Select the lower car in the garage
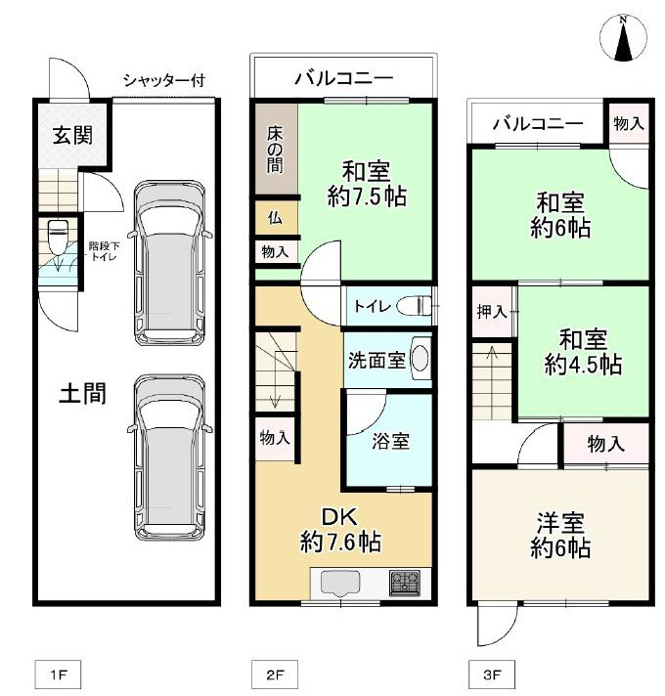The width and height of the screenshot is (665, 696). (171, 457)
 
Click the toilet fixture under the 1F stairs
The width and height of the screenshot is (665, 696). (58, 237)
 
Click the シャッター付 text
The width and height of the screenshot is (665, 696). (163, 80)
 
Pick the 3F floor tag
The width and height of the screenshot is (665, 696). (491, 674)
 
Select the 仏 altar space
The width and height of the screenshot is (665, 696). (275, 218)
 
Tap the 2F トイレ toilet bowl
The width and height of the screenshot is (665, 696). (418, 306)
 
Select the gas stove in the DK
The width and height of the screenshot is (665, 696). (404, 584)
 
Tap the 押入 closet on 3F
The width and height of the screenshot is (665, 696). (492, 313)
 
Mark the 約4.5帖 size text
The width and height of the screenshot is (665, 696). (583, 365)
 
